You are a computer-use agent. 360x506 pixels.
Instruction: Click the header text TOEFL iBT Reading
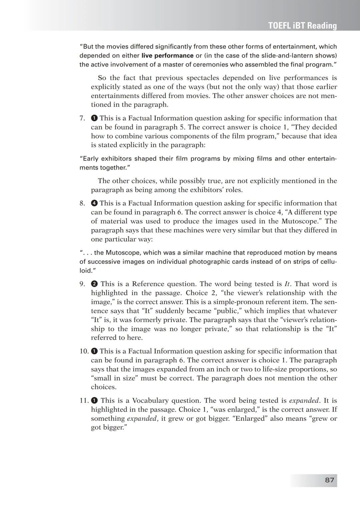point(302,26)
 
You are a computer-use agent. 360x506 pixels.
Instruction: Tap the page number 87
point(329,480)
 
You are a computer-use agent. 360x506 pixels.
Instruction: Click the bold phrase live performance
point(167,56)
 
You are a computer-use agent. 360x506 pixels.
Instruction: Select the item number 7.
point(82,118)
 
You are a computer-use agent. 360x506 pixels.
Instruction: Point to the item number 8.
point(82,203)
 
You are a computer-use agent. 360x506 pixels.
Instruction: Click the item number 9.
point(82,284)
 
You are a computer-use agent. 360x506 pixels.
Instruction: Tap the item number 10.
point(84,351)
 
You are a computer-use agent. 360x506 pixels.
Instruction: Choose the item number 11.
point(84,400)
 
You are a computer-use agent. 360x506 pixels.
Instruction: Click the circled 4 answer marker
point(94,203)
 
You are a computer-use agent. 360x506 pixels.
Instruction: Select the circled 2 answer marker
point(94,284)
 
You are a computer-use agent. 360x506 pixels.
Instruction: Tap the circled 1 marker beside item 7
point(94,118)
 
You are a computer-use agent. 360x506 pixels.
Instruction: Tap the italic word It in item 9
point(287,284)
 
